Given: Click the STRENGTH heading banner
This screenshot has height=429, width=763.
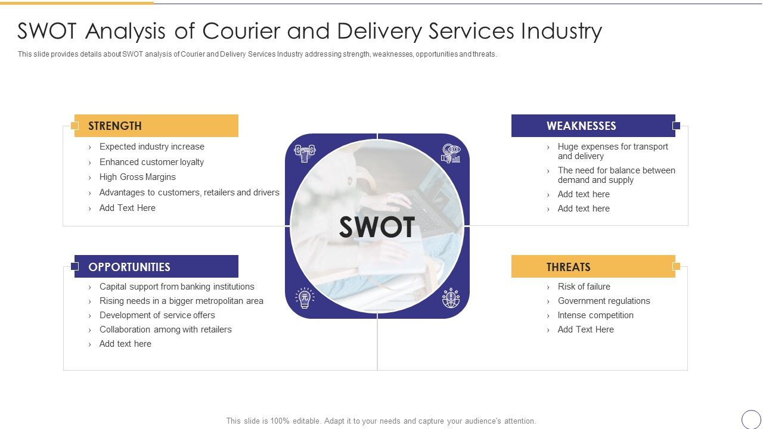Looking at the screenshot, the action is [156, 126].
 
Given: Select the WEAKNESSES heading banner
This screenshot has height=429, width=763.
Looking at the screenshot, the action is [593, 126].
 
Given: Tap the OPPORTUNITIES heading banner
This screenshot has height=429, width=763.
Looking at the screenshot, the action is [156, 267].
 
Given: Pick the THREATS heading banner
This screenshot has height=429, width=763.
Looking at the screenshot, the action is [593, 267].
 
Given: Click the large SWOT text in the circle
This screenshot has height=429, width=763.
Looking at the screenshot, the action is [377, 227].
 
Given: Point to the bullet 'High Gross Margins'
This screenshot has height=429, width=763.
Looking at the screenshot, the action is [137, 177].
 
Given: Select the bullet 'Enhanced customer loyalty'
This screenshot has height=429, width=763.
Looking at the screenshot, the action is [151, 162].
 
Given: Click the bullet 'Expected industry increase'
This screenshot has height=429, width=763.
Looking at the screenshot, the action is [151, 147].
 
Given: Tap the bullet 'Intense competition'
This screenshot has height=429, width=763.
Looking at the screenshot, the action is [595, 315].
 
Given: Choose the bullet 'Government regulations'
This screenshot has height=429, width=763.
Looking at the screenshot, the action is [604, 301].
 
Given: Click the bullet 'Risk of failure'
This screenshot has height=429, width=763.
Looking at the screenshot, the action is [584, 287].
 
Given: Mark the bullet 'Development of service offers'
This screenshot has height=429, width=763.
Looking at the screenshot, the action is [157, 315].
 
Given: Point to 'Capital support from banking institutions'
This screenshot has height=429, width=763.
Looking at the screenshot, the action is [176, 287].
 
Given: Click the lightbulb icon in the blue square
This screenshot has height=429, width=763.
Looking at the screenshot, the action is [305, 297].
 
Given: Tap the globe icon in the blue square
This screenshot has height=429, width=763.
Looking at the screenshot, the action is [451, 297].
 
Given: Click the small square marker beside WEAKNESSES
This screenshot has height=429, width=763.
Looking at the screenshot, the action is [676, 126].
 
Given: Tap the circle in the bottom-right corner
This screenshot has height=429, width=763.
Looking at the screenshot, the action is [751, 419].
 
